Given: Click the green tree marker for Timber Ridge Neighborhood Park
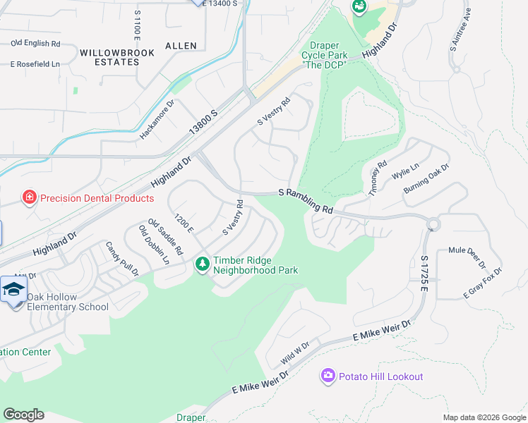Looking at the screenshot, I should pyautogui.click(x=203, y=264).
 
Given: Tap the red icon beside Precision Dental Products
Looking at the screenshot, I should pyautogui.click(x=29, y=197).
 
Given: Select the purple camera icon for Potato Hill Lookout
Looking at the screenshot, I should pyautogui.click(x=328, y=376).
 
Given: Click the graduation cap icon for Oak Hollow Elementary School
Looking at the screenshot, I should pyautogui.click(x=14, y=290).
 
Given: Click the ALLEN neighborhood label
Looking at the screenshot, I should pyautogui.click(x=181, y=46).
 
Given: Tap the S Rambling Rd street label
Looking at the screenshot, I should pyautogui.click(x=305, y=200).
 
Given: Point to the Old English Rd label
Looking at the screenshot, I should pyautogui.click(x=35, y=43).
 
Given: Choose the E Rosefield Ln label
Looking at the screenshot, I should pyautogui.click(x=35, y=64).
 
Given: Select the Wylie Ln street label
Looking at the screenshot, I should pyautogui.click(x=405, y=171).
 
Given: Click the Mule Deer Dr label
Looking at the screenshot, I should pyautogui.click(x=467, y=257).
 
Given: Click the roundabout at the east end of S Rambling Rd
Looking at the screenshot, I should pyautogui.click(x=433, y=224).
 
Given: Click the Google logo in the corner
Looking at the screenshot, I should pyautogui.click(x=23, y=415).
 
